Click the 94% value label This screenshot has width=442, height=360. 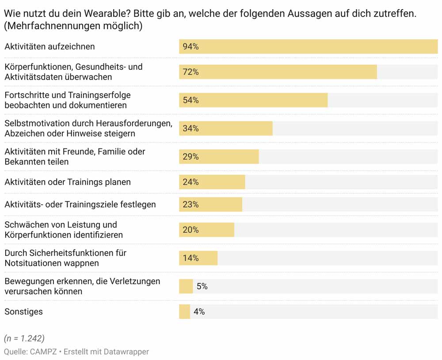tap(191, 46)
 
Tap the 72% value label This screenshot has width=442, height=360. tap(191, 72)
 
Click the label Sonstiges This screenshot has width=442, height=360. tap(23, 312)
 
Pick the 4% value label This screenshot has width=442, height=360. tap(199, 312)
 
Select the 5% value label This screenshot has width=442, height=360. tap(202, 286)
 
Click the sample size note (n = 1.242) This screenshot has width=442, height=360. tap(24, 338)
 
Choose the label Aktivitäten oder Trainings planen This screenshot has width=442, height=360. tap(68, 182)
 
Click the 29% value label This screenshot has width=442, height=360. tap(191, 157)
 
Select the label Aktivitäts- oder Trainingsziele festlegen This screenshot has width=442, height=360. tap(80, 205)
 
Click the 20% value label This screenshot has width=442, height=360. tap(191, 230)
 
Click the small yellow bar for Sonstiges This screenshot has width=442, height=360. tap(184, 312)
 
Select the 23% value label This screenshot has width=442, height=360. tap(191, 205)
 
